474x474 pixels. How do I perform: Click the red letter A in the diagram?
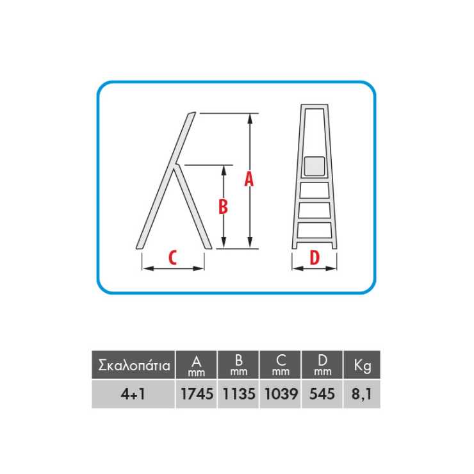[x=249, y=179]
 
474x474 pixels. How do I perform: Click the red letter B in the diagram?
[x=223, y=207]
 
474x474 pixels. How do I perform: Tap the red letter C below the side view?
[x=172, y=258]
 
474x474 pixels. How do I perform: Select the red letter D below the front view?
[x=315, y=258]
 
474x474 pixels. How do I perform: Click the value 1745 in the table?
[x=197, y=394]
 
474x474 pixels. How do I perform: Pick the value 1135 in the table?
[x=239, y=394]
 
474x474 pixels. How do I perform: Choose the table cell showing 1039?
[x=281, y=394]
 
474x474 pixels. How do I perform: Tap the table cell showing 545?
[x=322, y=394]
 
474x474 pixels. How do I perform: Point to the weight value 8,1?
[x=362, y=394]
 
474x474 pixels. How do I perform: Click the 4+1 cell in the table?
[x=133, y=394]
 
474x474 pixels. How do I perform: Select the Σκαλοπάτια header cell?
[x=133, y=365]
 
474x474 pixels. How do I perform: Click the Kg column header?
[x=362, y=365]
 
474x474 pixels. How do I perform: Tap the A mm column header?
[x=197, y=365]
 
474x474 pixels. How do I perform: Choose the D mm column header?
[x=322, y=365]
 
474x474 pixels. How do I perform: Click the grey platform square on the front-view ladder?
[x=315, y=166]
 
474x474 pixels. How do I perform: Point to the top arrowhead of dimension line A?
[x=250, y=119]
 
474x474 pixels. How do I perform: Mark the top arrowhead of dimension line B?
[x=224, y=171]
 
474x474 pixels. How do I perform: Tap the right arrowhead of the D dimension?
[x=331, y=268]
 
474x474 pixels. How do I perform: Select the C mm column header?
[x=281, y=365]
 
